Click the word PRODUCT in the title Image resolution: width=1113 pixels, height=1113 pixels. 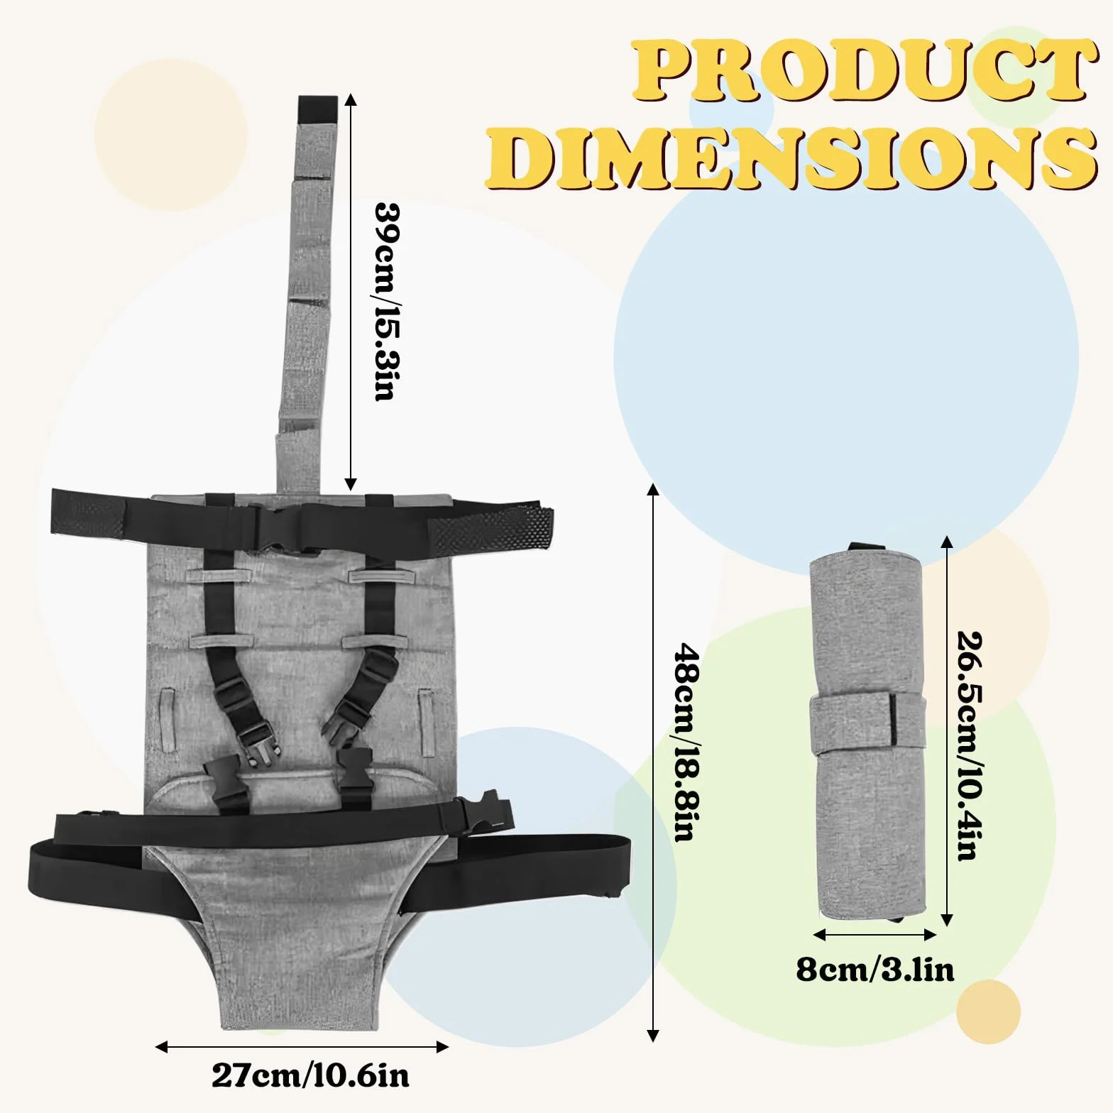pyautogui.click(x=860, y=72)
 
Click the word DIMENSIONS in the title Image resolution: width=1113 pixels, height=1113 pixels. pyautogui.click(x=791, y=158)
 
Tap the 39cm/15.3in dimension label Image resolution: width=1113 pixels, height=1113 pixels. pyautogui.click(x=386, y=302)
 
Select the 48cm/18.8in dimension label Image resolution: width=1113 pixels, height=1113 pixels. pyautogui.click(x=685, y=742)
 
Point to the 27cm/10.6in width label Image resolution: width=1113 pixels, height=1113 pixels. pyautogui.click(x=311, y=1076)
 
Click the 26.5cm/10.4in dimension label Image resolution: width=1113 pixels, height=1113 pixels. pyautogui.click(x=970, y=746)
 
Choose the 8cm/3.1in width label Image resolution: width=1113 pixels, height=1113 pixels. pyautogui.click(x=875, y=969)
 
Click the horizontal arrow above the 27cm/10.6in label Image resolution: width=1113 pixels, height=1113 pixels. pyautogui.click(x=302, y=1046)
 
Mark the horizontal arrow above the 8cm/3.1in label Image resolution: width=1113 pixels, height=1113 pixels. pyautogui.click(x=875, y=935)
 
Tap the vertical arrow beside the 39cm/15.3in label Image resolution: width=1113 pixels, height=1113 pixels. pyautogui.click(x=351, y=292)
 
